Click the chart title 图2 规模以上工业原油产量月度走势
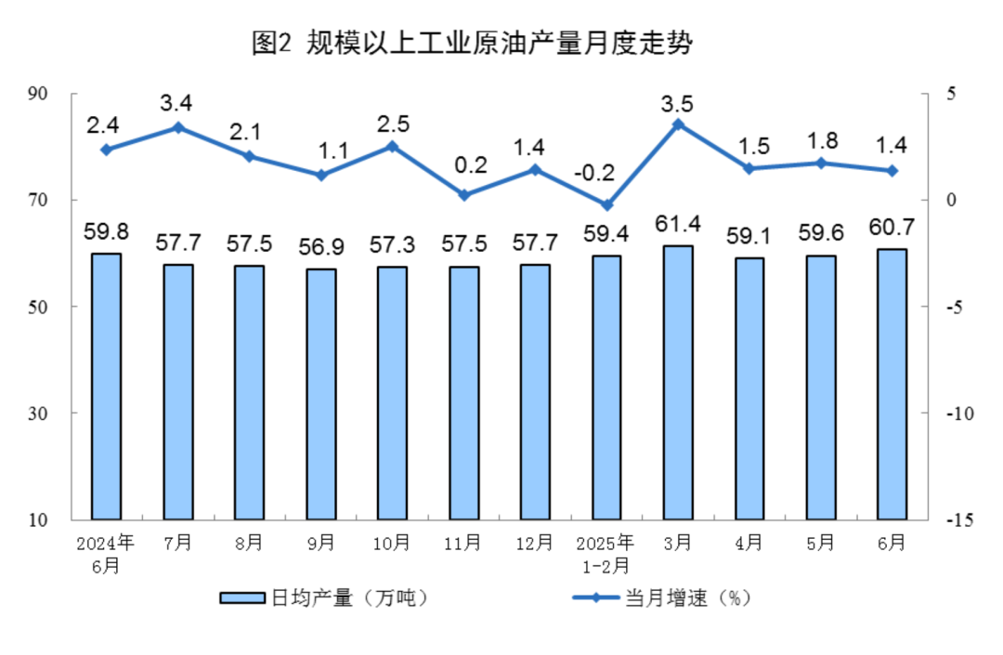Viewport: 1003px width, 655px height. click(472, 44)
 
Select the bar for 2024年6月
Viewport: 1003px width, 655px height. click(106, 386)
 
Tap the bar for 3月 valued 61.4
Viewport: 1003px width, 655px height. click(678, 382)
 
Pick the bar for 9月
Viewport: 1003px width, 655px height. click(320, 394)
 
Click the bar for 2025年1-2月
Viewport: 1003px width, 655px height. click(606, 387)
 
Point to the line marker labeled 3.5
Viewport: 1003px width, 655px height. click(678, 124)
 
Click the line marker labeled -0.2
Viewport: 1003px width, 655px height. click(606, 205)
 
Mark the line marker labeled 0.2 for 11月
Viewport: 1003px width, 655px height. click(463, 195)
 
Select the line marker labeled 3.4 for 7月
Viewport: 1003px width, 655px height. click(177, 127)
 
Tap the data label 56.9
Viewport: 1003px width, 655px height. click(320, 248)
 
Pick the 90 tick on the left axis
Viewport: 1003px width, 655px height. click(64, 94)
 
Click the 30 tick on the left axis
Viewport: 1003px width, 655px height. click(64, 413)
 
